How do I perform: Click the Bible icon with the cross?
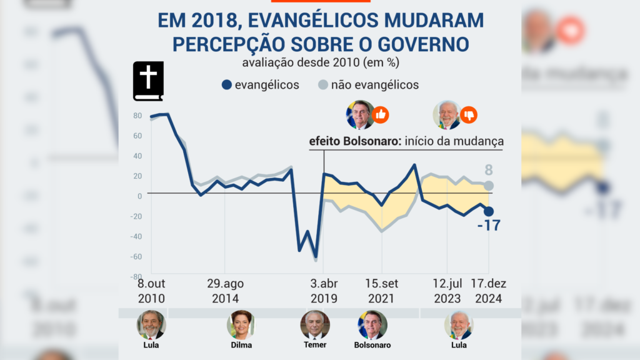[x=148, y=81]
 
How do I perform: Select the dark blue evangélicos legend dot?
[x=227, y=85]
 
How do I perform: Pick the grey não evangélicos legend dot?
[x=322, y=85]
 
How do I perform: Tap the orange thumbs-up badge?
[x=380, y=115]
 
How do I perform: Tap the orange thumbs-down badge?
[x=468, y=115]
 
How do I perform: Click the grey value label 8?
[x=489, y=169]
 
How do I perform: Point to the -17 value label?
[x=488, y=225]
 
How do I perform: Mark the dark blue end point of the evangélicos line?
[x=489, y=211]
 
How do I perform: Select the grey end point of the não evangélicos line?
[x=489, y=186]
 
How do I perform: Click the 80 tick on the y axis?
[x=138, y=116]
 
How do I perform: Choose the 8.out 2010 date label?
[x=151, y=291]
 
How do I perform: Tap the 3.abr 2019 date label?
[x=324, y=291]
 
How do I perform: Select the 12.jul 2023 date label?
[x=447, y=291]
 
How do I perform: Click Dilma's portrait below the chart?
[x=241, y=324]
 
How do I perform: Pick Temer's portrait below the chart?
[x=315, y=324]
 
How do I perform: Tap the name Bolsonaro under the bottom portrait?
[x=372, y=345]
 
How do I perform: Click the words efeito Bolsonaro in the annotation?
[x=346, y=141]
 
